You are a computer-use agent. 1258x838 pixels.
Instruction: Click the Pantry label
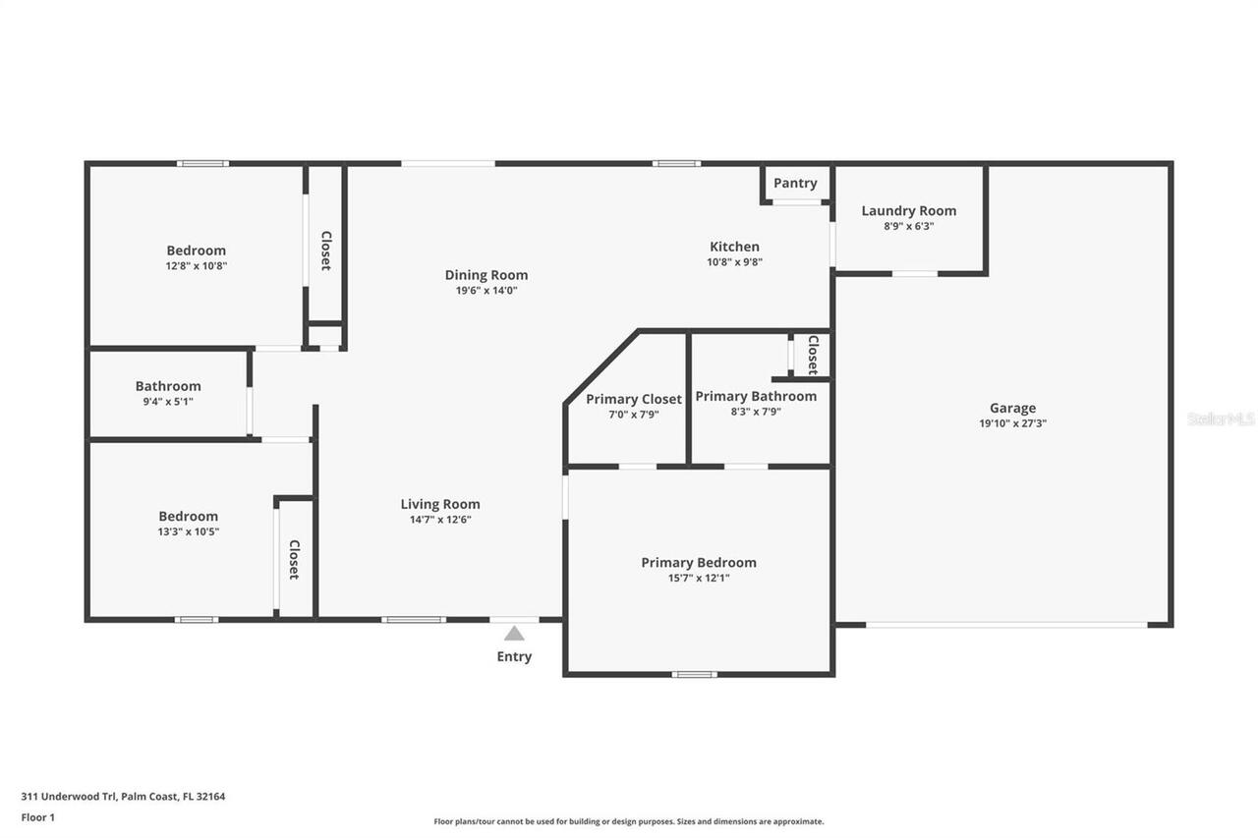tap(794, 183)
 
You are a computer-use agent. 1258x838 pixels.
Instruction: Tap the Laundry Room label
tap(908, 210)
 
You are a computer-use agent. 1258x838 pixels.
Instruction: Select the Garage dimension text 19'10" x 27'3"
tap(1012, 423)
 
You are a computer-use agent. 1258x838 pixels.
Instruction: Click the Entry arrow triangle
tap(514, 634)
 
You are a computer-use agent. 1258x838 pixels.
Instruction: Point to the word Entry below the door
tap(514, 656)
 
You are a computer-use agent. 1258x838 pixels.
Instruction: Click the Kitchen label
tap(734, 247)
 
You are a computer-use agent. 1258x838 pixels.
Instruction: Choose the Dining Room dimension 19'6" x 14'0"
tap(486, 291)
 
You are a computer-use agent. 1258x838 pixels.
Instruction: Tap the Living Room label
tap(440, 504)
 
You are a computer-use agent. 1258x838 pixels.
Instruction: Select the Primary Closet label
tap(633, 399)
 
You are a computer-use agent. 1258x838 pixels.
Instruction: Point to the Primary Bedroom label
tap(699, 562)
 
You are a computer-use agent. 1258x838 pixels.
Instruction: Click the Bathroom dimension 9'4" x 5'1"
tap(168, 401)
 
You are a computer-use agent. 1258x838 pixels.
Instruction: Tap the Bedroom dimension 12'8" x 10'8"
tap(196, 265)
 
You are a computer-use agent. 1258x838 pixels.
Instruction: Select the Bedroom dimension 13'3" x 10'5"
tap(189, 531)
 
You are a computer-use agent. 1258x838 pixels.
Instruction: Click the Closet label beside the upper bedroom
tap(326, 251)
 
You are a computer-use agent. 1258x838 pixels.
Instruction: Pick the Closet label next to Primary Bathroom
tap(813, 355)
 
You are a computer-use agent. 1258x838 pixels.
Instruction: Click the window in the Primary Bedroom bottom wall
tap(694, 674)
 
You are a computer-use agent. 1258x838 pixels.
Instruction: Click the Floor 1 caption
tap(38, 817)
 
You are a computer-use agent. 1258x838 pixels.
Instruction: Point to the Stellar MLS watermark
tap(1221, 419)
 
